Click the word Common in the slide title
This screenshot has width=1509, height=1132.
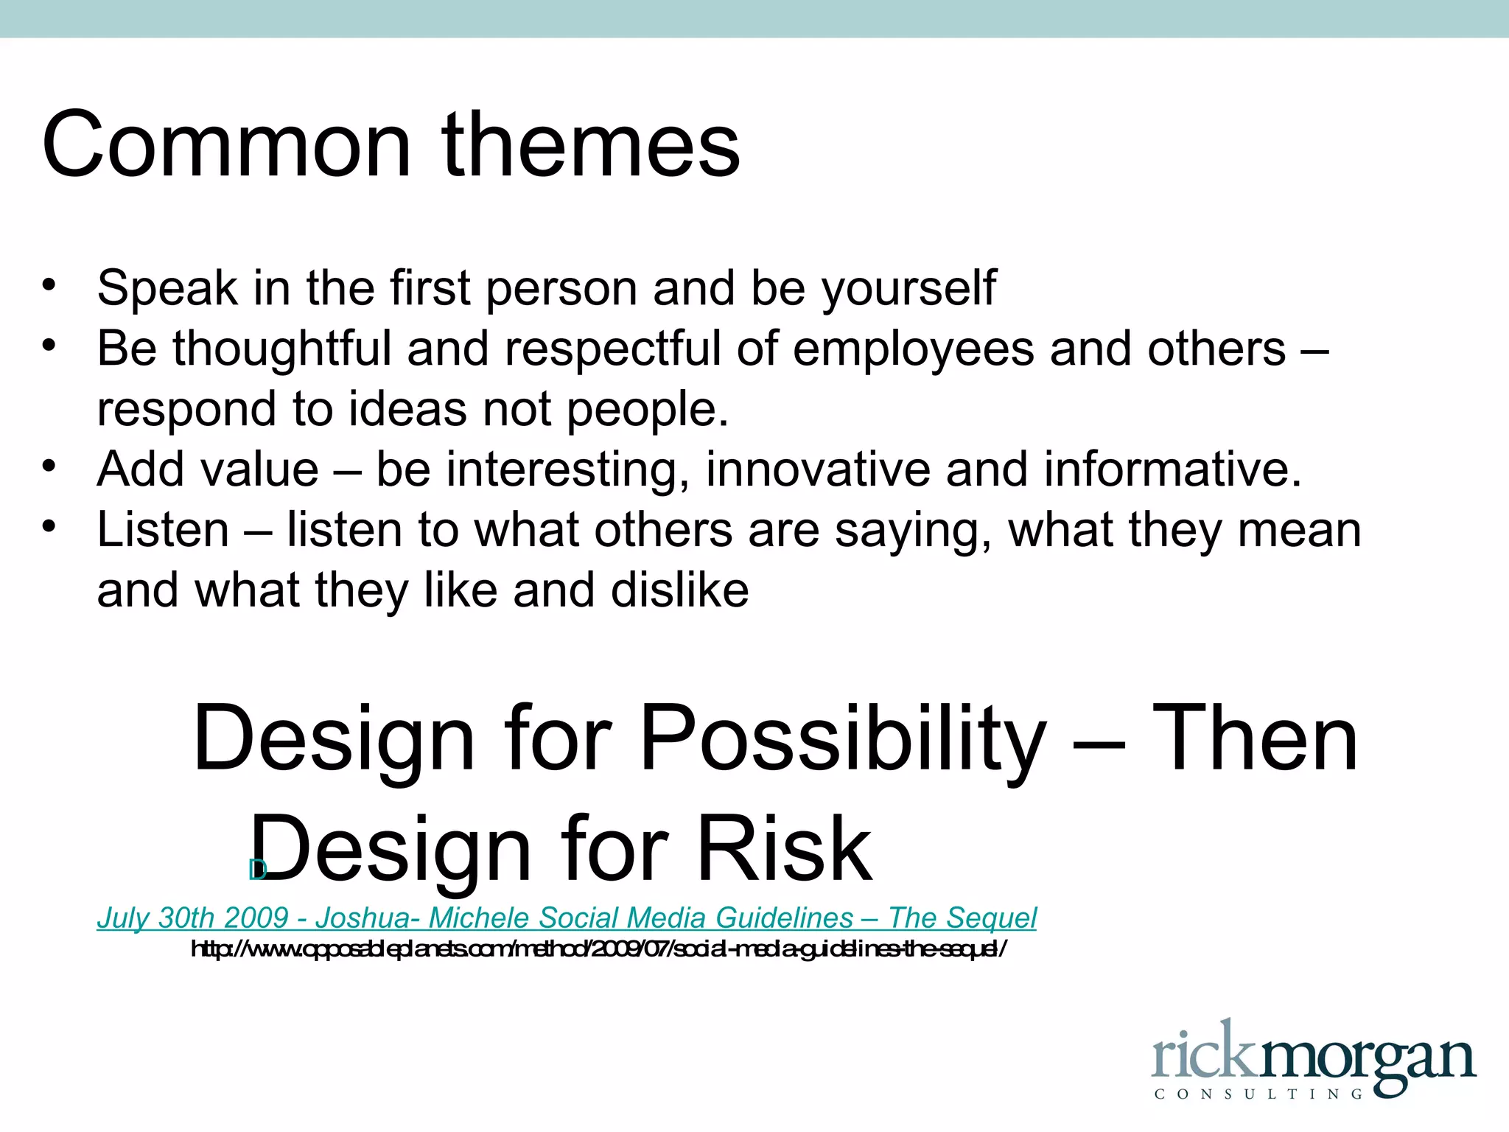click(225, 145)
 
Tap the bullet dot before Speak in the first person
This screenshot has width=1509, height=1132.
click(49, 285)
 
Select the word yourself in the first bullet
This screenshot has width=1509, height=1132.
click(909, 289)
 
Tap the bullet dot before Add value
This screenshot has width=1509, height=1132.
click(49, 467)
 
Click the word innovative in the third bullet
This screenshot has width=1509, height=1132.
click(818, 469)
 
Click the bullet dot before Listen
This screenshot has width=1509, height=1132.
click(49, 527)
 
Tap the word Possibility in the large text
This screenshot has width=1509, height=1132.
click(843, 740)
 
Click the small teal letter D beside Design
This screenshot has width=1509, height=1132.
click(256, 870)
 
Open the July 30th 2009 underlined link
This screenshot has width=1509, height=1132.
click(566, 918)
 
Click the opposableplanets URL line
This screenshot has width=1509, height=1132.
click(598, 949)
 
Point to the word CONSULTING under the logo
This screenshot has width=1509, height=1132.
click(1258, 1094)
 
